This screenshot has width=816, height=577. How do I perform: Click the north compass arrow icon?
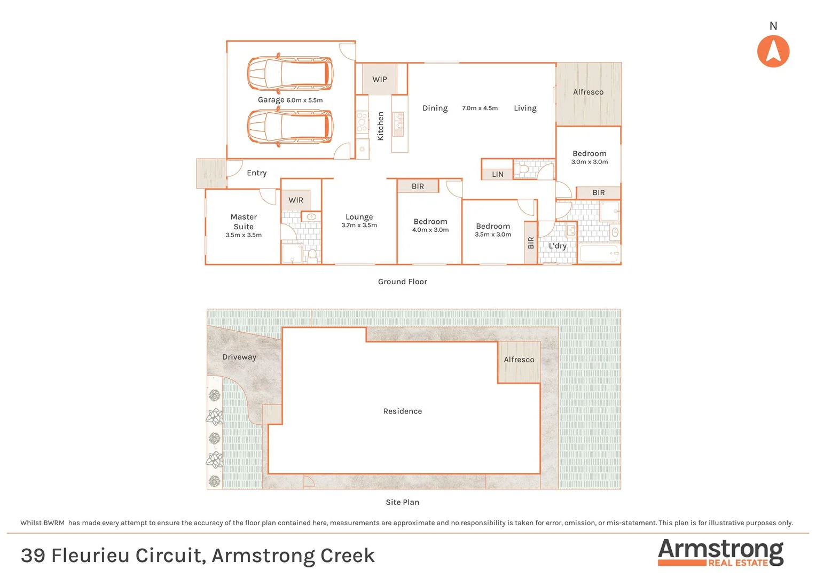[773, 51]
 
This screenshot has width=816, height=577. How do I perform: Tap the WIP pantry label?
[380, 79]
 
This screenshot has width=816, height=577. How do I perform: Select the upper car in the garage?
[290, 73]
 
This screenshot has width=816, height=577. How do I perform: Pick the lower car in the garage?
[290, 127]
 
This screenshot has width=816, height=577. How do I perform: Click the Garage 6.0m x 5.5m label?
[290, 100]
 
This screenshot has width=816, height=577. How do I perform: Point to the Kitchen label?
[380, 126]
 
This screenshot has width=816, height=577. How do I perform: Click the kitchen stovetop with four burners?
[362, 122]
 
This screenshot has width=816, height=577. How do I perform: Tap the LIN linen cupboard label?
[497, 174]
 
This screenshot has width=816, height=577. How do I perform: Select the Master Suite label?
[244, 222]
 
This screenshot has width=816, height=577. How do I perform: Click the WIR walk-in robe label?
[296, 200]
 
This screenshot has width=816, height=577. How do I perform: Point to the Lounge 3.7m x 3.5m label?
[359, 221]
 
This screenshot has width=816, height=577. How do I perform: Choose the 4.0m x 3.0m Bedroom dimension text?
[430, 230]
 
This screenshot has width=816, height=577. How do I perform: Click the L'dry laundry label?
[557, 246]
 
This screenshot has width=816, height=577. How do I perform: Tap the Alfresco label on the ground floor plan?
[588, 92]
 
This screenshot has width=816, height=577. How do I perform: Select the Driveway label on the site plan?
[239, 357]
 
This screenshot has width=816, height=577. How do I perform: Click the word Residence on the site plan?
[402, 411]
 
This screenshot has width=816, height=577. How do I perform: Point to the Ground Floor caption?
[402, 282]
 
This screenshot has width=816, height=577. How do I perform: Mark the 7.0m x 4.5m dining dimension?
[480, 108]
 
